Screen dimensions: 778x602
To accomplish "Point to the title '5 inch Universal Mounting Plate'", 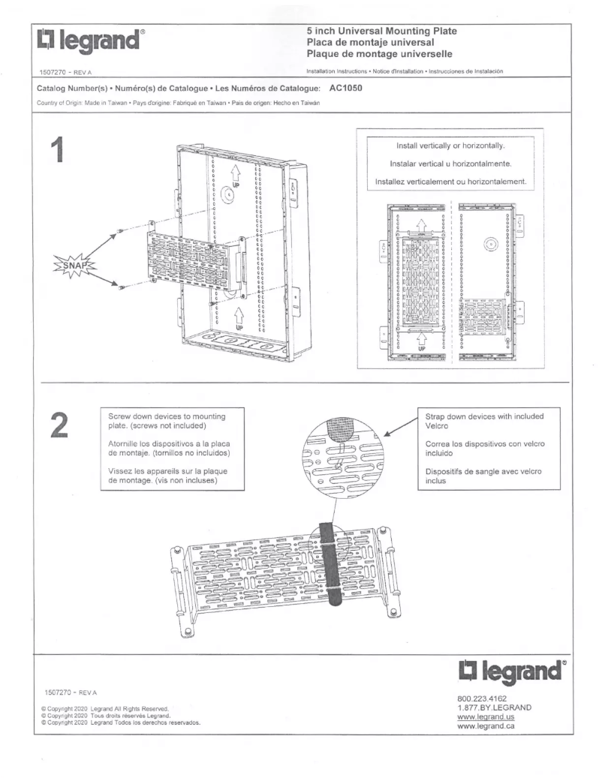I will coord(381,31).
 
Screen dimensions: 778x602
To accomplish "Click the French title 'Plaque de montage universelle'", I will coord(378,54).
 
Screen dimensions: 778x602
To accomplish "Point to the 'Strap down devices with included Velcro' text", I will coord(484,421).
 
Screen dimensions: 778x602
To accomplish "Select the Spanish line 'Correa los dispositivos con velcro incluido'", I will coord(484,449).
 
